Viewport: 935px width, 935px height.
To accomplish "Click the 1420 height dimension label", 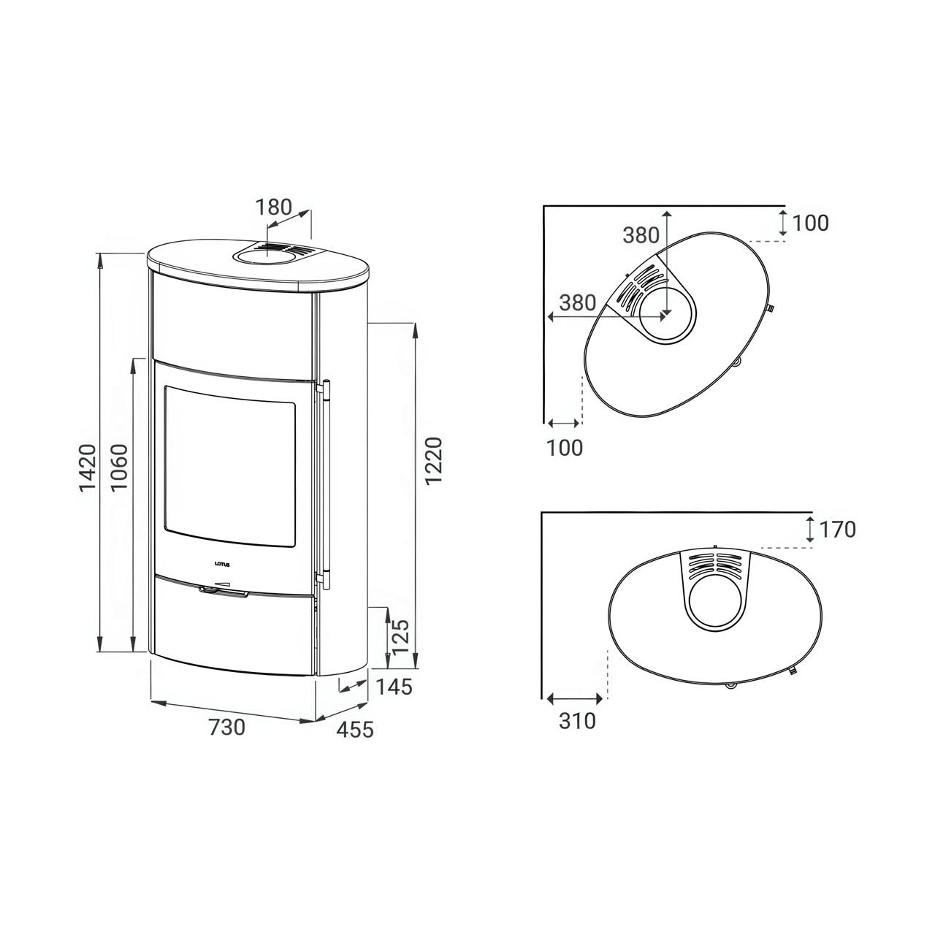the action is tap(88, 467).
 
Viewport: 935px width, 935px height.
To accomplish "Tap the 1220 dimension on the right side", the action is tap(433, 460).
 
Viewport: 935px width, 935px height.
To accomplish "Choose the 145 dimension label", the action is tap(394, 687).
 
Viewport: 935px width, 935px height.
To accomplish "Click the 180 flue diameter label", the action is tap(274, 207).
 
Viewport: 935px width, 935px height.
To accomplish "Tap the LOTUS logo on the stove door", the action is tap(224, 564).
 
